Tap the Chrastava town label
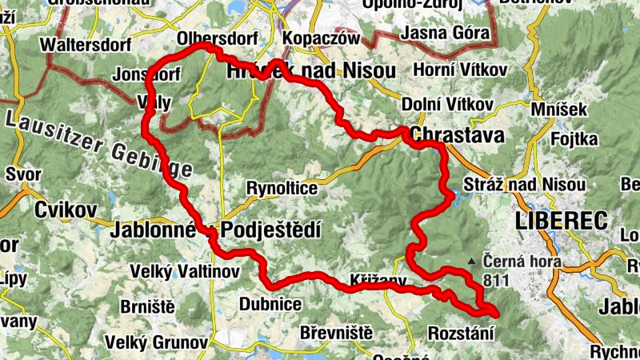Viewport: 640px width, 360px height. tap(458, 135)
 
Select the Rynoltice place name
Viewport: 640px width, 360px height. tap(282, 189)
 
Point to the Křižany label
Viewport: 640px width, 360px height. tap(378, 281)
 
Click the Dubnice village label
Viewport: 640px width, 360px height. tap(270, 304)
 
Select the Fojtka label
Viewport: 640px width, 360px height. tap(574, 139)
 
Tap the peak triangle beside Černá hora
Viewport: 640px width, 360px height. tap(474, 261)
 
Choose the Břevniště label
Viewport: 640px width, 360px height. tap(337, 332)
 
